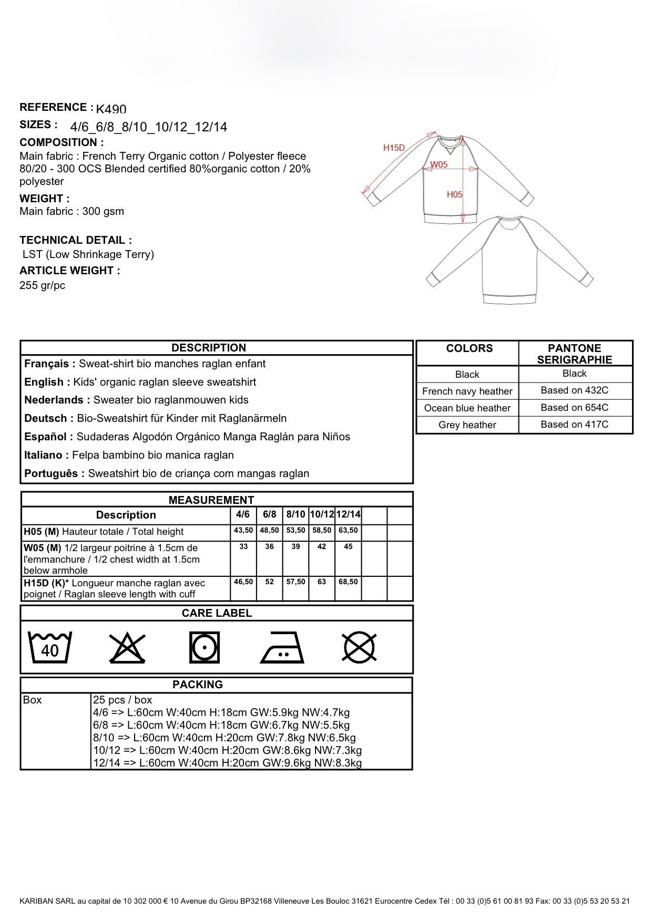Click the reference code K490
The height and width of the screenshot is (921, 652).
111,109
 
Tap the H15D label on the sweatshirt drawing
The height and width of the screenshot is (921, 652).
394,148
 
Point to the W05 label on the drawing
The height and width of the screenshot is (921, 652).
439,164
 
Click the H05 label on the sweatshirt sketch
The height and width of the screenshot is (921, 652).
455,194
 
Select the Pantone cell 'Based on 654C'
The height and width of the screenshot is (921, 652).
574,408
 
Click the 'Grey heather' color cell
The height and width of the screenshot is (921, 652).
467,425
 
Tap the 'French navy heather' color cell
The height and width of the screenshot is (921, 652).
467,391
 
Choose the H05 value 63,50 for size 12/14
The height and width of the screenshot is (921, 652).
348,531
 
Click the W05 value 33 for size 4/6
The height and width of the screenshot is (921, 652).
243,547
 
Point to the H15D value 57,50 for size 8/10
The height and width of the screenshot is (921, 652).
296,582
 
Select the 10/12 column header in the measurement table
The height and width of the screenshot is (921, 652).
322,515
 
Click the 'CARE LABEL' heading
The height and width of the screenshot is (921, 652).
217,613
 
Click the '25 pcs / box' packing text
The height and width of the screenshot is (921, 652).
123,700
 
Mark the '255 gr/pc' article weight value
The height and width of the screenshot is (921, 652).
43,286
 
